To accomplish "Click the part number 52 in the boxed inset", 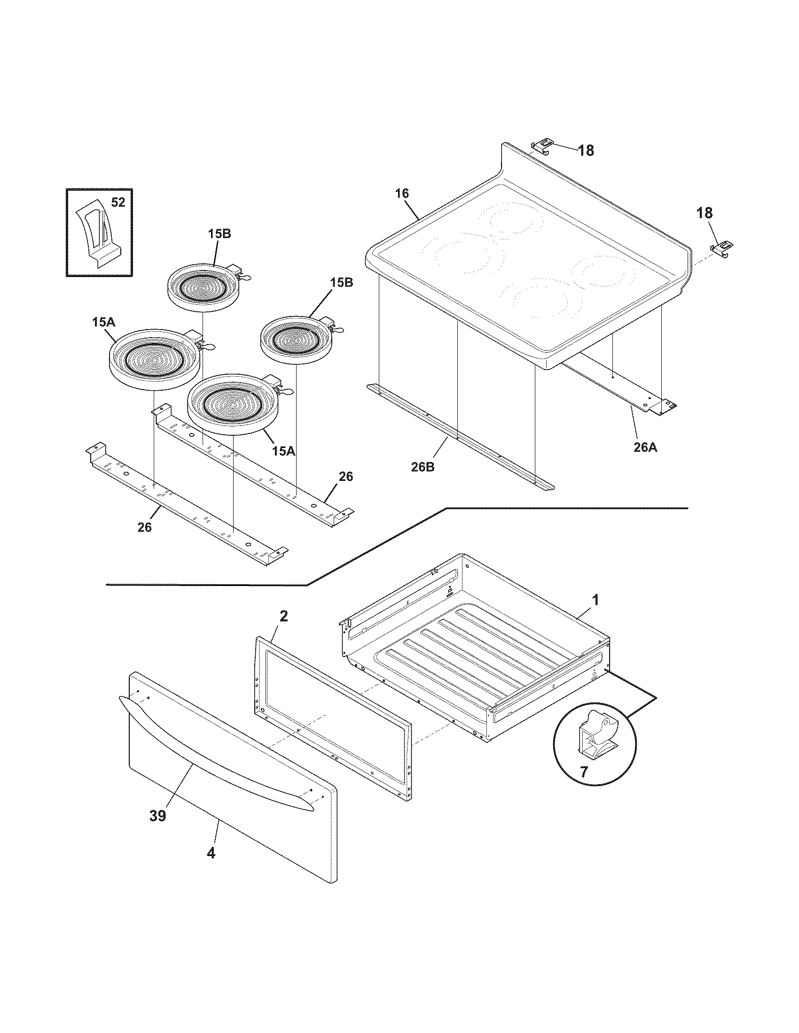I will pos(118,202).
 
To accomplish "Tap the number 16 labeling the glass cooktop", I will pos(402,193).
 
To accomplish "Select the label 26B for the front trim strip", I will pos(423,467).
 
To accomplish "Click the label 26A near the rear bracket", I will pos(646,447).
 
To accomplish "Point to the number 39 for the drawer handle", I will pos(158,816).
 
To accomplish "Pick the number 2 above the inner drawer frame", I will pos(283,617).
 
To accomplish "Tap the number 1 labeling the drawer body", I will pos(596,600).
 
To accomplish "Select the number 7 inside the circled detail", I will pos(584,772).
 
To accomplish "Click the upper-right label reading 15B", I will pos(341,283).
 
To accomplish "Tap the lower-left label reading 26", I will pos(144,527).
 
